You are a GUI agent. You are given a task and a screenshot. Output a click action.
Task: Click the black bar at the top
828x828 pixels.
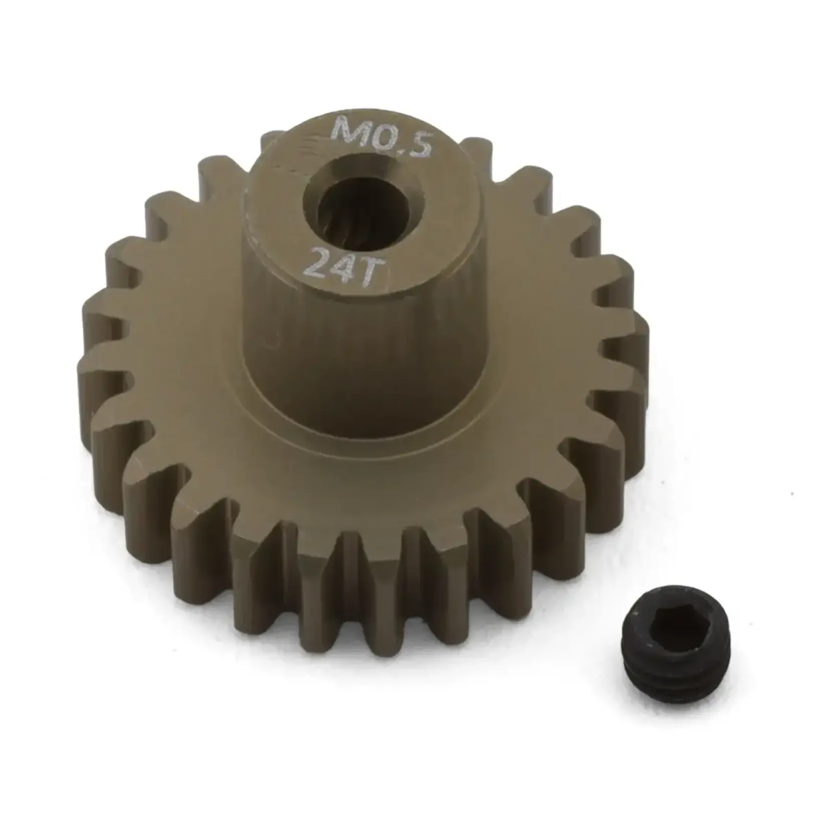414,40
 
